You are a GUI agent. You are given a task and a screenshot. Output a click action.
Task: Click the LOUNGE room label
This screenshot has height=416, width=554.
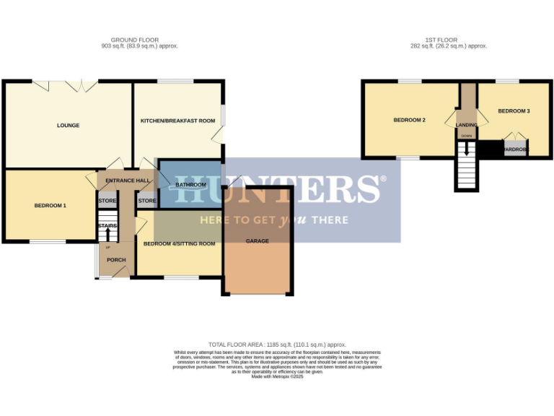point(69,126)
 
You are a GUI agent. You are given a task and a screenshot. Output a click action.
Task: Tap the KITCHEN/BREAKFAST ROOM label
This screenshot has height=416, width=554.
point(177,121)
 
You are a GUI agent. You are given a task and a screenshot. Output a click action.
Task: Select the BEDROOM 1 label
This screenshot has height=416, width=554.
point(50,206)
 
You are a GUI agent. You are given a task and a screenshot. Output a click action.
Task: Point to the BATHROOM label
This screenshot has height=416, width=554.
point(191,185)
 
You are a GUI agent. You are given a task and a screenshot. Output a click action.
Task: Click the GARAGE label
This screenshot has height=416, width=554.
point(258,241)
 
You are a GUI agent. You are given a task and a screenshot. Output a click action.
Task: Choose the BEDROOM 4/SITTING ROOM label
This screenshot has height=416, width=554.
point(179,244)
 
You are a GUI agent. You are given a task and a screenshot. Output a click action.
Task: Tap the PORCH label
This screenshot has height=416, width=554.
point(116,260)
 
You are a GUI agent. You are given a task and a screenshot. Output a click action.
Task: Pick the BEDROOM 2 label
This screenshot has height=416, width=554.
point(409,121)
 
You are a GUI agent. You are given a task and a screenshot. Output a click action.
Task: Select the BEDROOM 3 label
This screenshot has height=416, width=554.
point(514,111)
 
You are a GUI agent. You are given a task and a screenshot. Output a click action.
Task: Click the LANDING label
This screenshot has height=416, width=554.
point(467,125)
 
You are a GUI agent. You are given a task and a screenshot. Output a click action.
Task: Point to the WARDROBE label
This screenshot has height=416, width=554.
point(515,150)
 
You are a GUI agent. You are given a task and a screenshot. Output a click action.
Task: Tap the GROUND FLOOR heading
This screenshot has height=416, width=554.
point(135,40)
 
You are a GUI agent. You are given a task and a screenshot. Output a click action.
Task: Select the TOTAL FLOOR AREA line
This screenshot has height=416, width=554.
point(277,345)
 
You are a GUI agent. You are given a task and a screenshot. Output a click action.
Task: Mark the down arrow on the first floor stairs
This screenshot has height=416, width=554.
point(467,150)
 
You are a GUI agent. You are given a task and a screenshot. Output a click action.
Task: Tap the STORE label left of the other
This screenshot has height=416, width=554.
point(107,201)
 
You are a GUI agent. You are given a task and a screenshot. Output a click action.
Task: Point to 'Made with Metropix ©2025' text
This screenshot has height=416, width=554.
point(277,377)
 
